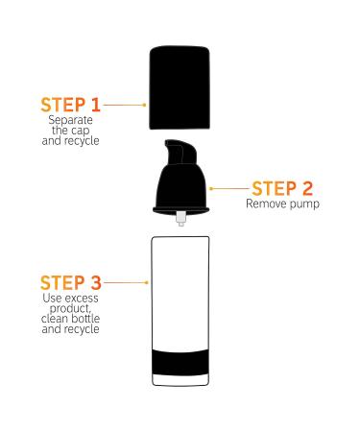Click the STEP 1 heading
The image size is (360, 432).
click(x=71, y=105)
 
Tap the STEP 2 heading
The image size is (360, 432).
click(x=282, y=188)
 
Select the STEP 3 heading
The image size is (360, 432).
click(x=71, y=282)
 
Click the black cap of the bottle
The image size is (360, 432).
click(x=180, y=87)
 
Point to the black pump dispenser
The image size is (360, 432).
click(x=181, y=180)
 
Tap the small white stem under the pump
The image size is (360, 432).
click(x=181, y=219)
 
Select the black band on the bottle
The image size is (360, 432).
click(x=180, y=362)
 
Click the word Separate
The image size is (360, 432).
click(x=71, y=120)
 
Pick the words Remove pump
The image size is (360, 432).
click(x=282, y=204)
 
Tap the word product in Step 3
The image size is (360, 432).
click(x=70, y=308)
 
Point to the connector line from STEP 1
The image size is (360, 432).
click(x=125, y=105)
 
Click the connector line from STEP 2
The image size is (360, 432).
click(x=229, y=189)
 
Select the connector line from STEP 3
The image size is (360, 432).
click(x=126, y=282)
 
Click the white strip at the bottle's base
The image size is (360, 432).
click(x=180, y=380)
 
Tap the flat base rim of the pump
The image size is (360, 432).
click(x=181, y=210)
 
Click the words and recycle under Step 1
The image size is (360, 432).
click(x=71, y=141)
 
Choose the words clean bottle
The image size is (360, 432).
click(x=71, y=319)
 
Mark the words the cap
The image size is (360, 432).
click(x=71, y=131)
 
